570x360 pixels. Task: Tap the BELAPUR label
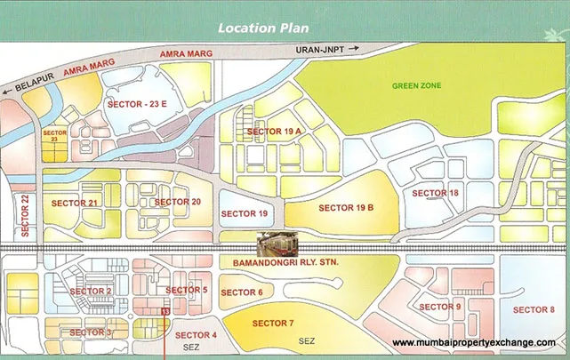tap(29, 78)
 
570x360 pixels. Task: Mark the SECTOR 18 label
tap(436, 193)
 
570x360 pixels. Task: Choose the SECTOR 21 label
tap(75, 203)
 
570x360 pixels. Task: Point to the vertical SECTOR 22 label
tap(26, 214)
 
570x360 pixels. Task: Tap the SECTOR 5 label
tap(187, 291)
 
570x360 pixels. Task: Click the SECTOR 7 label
tap(273, 322)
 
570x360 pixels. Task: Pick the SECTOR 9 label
tap(440, 307)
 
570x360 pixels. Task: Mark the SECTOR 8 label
tap(534, 309)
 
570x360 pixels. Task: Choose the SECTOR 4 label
tap(197, 335)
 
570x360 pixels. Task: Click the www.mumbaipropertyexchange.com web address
tap(474, 343)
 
